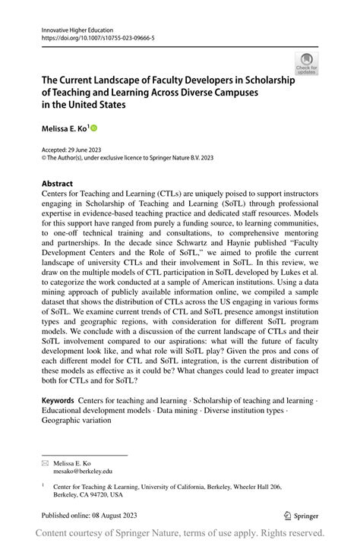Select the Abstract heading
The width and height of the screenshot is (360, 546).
(57, 184)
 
